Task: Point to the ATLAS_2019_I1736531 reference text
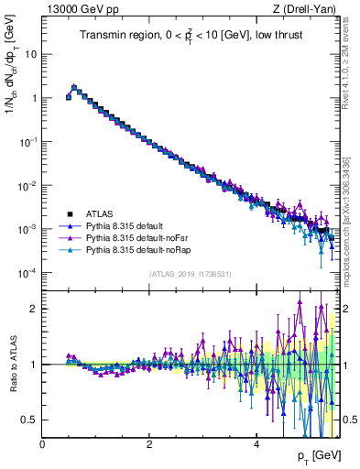click(189, 274)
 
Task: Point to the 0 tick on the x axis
click(42, 445)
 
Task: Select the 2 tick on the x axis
click(149, 445)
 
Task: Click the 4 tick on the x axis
click(256, 445)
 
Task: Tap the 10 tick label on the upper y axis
click(30, 54)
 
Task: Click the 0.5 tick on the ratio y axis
click(30, 420)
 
